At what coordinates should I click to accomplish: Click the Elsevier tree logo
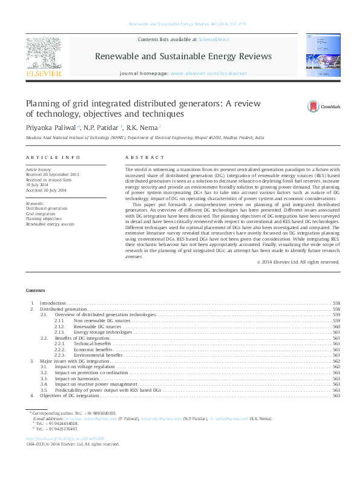pyautogui.click(x=43, y=54)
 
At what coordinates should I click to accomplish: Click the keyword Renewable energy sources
pyautogui.click(x=50, y=224)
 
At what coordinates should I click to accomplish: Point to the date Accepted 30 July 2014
pyautogui.click(x=46, y=190)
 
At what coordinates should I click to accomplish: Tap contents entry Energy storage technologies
pyautogui.click(x=102, y=332)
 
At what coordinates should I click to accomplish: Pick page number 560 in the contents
pyautogui.click(x=336, y=326)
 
